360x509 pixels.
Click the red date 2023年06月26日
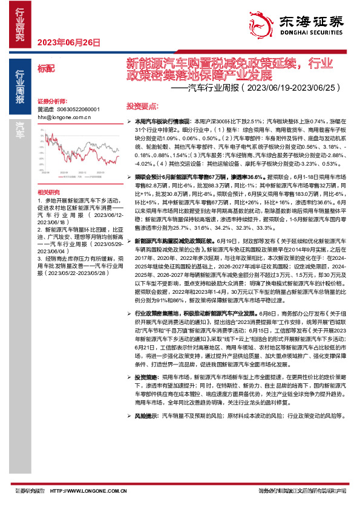pyautogui.click(x=68, y=42)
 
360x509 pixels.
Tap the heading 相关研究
pyautogui.click(x=46, y=190)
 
